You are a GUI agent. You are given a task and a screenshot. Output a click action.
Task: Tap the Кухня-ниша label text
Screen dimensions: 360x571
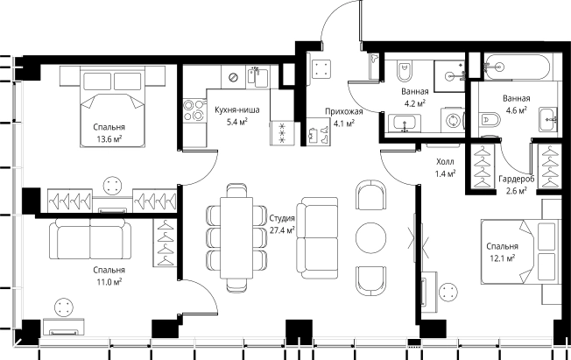point(231,109)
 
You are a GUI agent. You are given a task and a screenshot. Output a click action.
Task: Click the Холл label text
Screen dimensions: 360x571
point(445,162)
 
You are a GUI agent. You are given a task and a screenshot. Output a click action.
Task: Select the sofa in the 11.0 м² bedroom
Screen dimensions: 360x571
point(90,239)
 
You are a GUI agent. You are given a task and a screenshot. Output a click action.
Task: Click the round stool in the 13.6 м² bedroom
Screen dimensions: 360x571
point(114,185)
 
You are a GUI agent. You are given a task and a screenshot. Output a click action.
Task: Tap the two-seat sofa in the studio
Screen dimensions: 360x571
point(316,235)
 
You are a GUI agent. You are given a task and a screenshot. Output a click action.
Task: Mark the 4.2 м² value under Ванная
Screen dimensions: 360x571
point(414,102)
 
